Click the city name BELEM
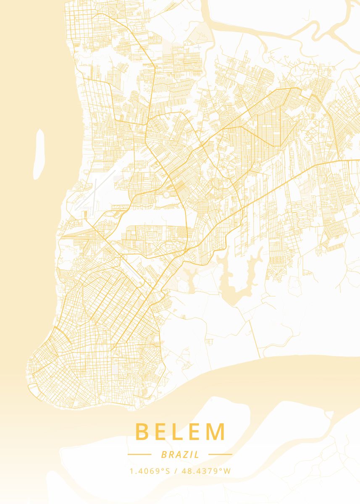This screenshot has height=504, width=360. [181, 432]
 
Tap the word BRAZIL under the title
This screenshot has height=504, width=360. [180, 454]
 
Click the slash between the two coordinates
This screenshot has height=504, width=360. [176, 471]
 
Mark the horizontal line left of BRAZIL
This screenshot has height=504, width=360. [139, 454]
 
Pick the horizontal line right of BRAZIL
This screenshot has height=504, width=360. [220, 454]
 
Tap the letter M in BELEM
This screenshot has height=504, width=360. [216, 432]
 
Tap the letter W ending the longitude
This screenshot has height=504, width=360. [227, 471]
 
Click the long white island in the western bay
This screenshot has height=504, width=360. [39, 154]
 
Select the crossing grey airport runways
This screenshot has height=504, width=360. [93, 193]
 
